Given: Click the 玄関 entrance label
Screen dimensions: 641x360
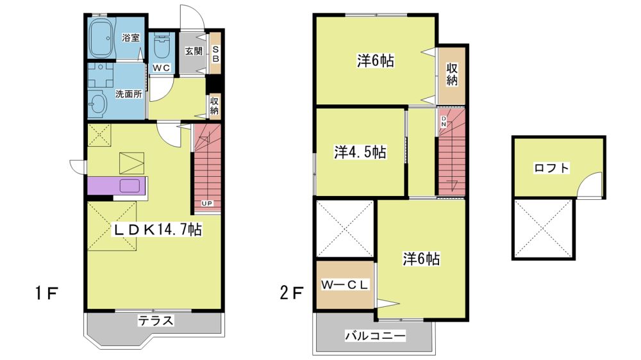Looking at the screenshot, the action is click(194, 51).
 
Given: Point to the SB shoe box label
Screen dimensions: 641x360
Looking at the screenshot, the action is click(216, 54).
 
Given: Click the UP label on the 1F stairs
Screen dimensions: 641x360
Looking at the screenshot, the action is click(207, 203).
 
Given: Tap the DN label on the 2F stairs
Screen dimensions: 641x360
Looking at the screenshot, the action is click(444, 122).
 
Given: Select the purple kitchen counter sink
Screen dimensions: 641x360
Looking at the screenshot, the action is click(130, 186).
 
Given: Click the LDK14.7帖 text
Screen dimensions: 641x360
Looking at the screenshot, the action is click(158, 230).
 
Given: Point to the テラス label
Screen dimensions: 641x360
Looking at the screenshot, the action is click(155, 321).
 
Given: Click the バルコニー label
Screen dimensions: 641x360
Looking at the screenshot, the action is click(375, 336).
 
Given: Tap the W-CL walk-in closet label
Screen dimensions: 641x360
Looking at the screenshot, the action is click(345, 285).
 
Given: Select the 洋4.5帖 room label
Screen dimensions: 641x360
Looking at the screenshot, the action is click(360, 152).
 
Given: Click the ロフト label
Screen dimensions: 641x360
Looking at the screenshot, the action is click(551, 168).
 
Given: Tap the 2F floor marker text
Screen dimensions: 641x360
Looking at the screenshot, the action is click(292, 293).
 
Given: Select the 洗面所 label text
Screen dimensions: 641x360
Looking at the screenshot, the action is click(128, 94).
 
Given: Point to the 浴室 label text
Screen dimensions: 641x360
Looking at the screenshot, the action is click(131, 38).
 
